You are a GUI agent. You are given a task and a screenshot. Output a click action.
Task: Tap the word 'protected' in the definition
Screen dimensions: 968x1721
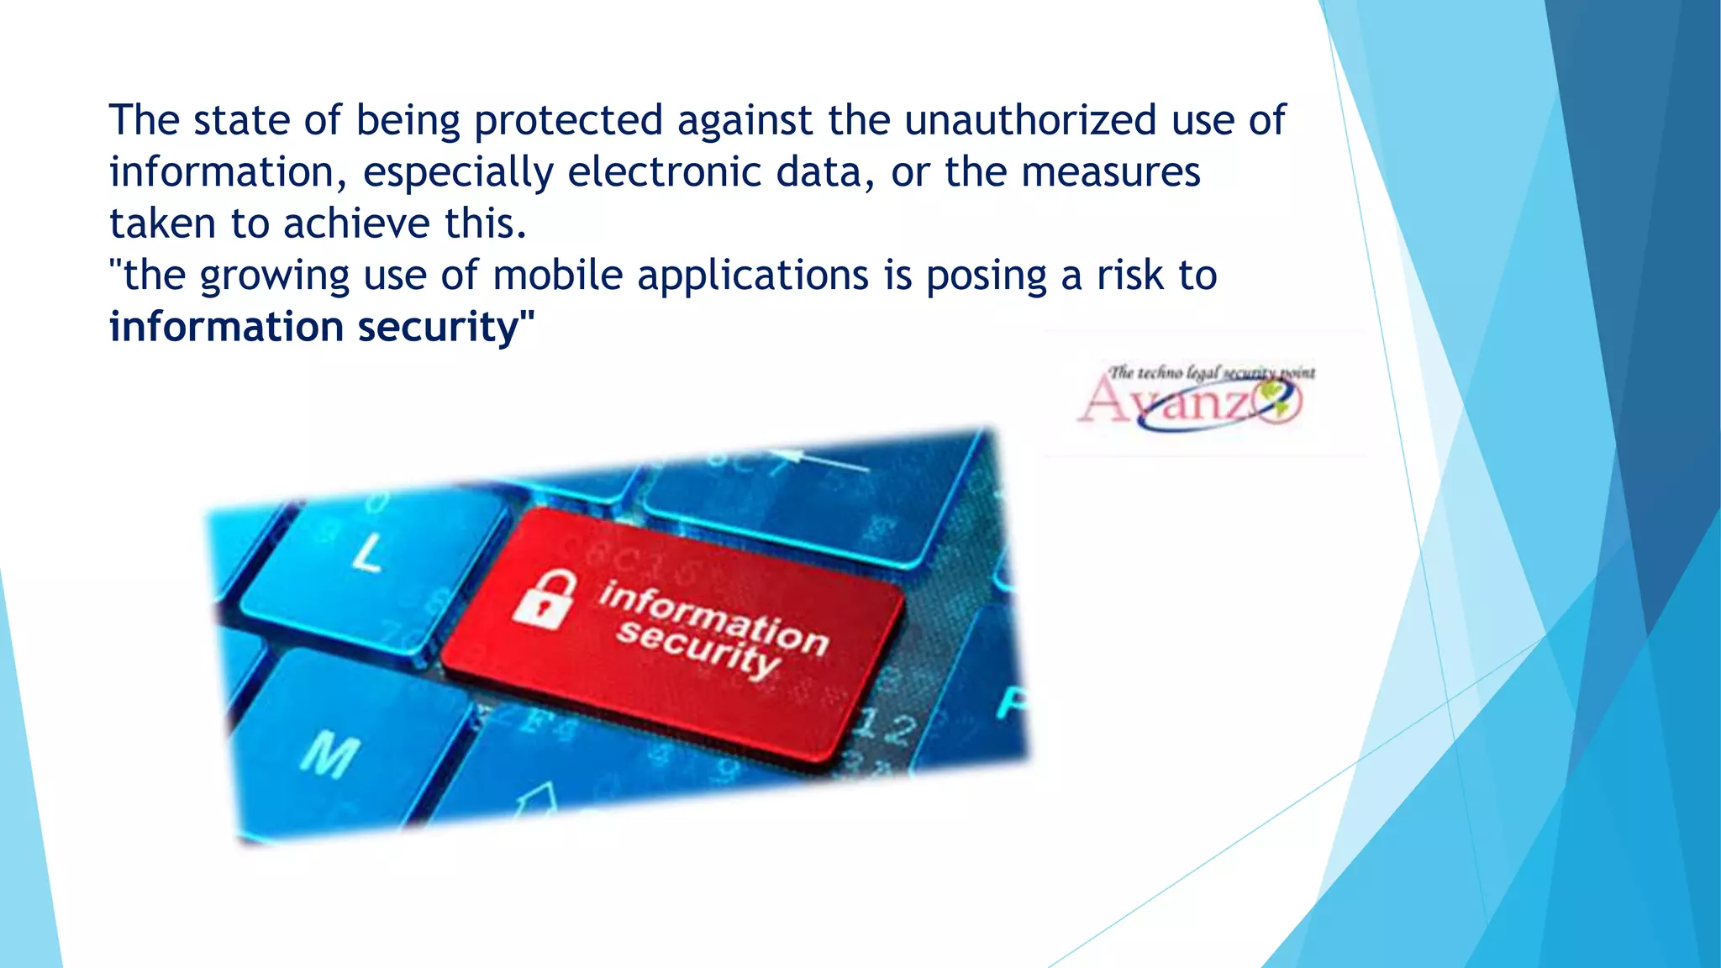point(569,120)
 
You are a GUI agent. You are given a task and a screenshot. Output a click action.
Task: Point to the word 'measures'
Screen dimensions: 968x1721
point(1110,172)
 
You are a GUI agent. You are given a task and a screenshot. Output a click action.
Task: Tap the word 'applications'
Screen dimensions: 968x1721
point(753,276)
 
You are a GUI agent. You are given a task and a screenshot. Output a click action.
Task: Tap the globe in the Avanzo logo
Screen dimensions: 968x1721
point(1277,398)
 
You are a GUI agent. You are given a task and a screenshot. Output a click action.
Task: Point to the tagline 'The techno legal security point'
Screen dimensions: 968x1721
point(1211,372)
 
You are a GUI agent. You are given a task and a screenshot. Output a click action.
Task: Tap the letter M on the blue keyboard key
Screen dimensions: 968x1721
point(330,754)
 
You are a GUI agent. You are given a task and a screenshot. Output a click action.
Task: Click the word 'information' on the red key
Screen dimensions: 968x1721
point(713,618)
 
